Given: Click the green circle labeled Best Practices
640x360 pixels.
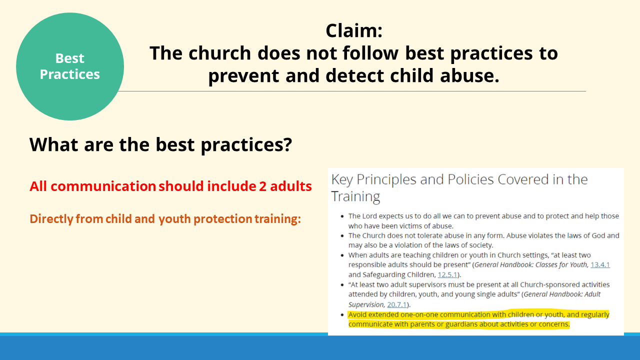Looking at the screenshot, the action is point(70,66).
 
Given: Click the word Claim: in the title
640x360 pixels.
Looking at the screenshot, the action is point(354,30).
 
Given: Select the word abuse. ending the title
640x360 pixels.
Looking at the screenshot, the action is point(469,75).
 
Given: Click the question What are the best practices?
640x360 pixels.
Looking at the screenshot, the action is point(161,145).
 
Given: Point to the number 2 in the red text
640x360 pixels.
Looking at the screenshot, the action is point(262,186).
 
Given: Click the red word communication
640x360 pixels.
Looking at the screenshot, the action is point(103,186).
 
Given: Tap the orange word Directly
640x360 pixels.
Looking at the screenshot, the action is point(51,219).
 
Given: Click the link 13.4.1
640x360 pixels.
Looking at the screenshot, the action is point(600,264).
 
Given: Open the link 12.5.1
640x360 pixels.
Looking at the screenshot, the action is point(447,274).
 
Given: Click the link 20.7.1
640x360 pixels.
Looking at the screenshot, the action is point(397,304).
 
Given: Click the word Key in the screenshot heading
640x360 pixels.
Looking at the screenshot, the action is point(342,179).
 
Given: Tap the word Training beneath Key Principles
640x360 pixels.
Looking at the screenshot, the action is point(355,197).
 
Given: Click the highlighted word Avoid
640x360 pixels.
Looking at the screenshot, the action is point(357,314).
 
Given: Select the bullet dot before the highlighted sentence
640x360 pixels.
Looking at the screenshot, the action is point(342,315).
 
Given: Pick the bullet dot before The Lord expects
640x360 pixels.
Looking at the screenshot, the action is point(342,216).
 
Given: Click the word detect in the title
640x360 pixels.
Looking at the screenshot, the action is point(354,75).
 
